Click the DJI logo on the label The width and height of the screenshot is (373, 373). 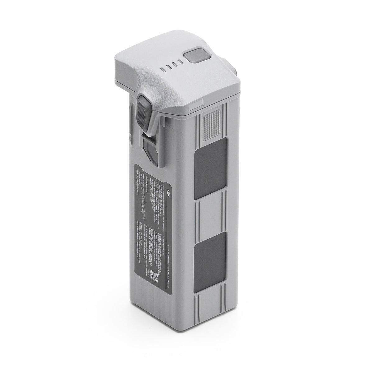[x=168, y=194]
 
